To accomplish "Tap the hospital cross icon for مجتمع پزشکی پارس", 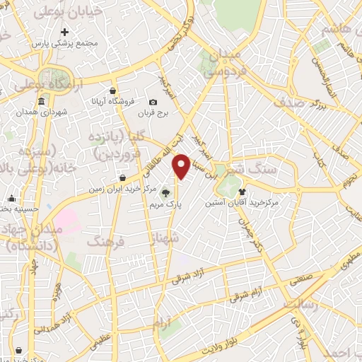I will [65, 32].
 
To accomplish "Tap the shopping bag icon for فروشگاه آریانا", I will [113, 90].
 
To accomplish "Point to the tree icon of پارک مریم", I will [165, 192].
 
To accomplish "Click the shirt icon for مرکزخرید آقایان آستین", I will [243, 191].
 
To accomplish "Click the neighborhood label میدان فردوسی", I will [222, 63].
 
